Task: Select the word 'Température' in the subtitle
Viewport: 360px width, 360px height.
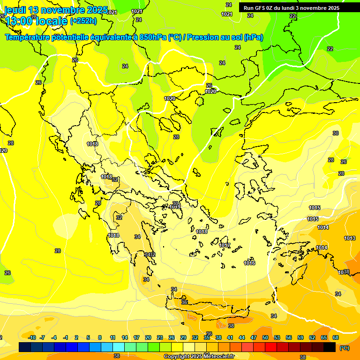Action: point(28,37)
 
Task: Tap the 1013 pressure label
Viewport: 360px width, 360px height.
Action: point(349,239)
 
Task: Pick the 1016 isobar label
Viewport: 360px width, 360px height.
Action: point(249,263)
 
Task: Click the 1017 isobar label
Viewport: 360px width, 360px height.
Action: point(225,245)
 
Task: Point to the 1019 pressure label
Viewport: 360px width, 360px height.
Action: point(175,207)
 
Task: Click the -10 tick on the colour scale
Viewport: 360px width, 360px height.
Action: point(32,337)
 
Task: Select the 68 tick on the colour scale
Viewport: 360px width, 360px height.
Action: point(336,337)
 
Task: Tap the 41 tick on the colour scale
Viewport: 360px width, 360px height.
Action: point(230,337)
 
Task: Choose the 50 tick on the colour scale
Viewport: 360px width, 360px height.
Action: point(265,337)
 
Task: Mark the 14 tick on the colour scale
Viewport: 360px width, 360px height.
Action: point(125,337)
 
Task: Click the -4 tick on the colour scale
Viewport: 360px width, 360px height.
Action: point(54,337)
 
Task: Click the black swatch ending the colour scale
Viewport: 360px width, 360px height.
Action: point(330,347)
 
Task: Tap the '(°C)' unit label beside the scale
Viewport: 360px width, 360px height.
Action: point(344,348)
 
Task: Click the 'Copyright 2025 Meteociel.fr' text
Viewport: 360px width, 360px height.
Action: point(199,356)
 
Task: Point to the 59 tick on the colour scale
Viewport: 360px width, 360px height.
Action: point(300,337)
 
